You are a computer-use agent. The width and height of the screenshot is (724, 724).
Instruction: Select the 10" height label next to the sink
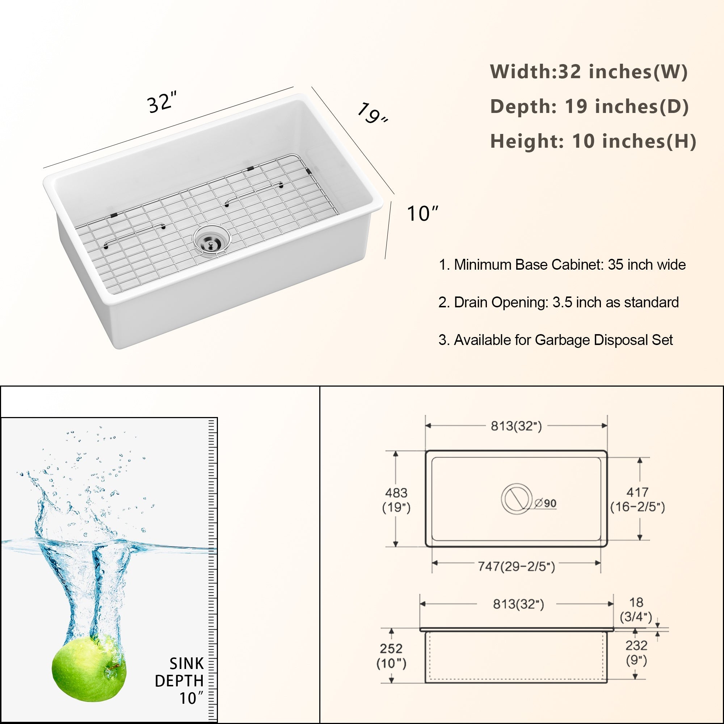[x=422, y=214]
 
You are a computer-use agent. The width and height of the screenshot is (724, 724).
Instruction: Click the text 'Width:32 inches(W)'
[x=589, y=72]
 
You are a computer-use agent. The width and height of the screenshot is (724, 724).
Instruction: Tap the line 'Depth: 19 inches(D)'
[x=589, y=106]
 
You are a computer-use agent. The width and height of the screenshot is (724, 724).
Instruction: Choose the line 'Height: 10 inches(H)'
[x=593, y=141]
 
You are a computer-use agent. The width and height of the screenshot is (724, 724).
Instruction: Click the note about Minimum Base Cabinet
[x=562, y=265]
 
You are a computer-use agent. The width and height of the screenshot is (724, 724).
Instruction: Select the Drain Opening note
[x=558, y=302]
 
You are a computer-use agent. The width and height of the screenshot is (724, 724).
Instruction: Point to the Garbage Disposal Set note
[x=556, y=340]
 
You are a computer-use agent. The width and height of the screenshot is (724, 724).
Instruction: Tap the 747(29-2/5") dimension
[x=517, y=566]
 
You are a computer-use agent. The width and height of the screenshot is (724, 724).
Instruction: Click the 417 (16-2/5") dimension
[x=637, y=500]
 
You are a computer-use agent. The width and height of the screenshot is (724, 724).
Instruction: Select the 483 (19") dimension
[x=396, y=500]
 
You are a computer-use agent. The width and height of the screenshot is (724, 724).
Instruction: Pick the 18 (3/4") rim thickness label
[x=636, y=609]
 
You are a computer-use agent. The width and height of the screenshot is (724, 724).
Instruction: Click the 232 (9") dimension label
[x=636, y=652]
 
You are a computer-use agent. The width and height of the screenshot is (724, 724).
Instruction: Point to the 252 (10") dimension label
[x=391, y=656]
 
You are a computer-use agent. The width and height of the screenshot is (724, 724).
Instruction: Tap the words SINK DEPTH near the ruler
[x=180, y=672]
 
